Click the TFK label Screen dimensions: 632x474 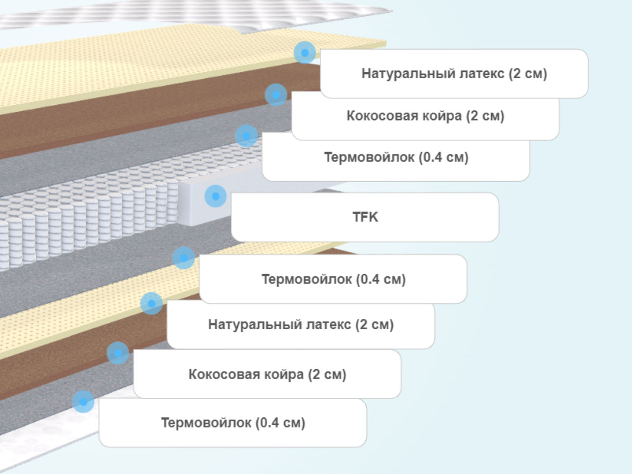pos(365,217)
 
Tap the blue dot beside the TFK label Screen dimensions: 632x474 pos(216,196)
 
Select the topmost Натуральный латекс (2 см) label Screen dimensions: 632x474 pos(454,74)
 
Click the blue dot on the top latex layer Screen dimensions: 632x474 pos(305,53)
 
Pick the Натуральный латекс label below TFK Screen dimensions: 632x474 pos(301,325)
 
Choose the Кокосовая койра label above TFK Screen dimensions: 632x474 pos(425,116)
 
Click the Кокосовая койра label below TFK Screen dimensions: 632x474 pos(267,374)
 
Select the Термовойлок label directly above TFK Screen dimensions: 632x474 pos(396,157)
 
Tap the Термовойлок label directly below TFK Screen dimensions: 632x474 pos(333,279)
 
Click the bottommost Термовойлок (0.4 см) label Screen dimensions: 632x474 pos(233,423)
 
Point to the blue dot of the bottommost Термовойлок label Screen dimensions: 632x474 pos(83,402)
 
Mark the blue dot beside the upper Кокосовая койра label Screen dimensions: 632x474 pos(276,95)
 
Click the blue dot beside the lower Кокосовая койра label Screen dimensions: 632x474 pos(118,353)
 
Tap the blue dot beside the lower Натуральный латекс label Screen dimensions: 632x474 pos(152,303)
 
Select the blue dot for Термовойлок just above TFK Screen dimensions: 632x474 pos(247,136)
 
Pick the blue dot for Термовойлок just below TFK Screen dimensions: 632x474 pos(184,258)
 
